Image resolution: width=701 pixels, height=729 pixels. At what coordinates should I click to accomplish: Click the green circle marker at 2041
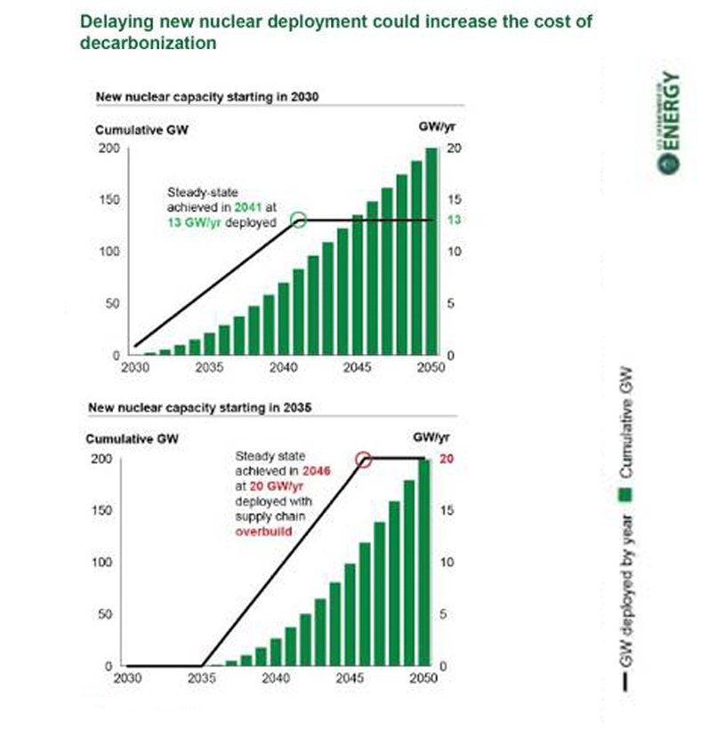pyautogui.click(x=299, y=220)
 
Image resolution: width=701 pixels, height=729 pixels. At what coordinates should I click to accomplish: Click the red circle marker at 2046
pyautogui.click(x=362, y=459)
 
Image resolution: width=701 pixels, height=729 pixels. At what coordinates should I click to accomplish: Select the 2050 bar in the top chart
pyautogui.click(x=431, y=252)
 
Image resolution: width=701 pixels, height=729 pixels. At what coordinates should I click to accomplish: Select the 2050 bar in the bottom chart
pyautogui.click(x=423, y=563)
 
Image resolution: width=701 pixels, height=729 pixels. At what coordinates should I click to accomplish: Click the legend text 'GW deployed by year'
pyautogui.click(x=626, y=588)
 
